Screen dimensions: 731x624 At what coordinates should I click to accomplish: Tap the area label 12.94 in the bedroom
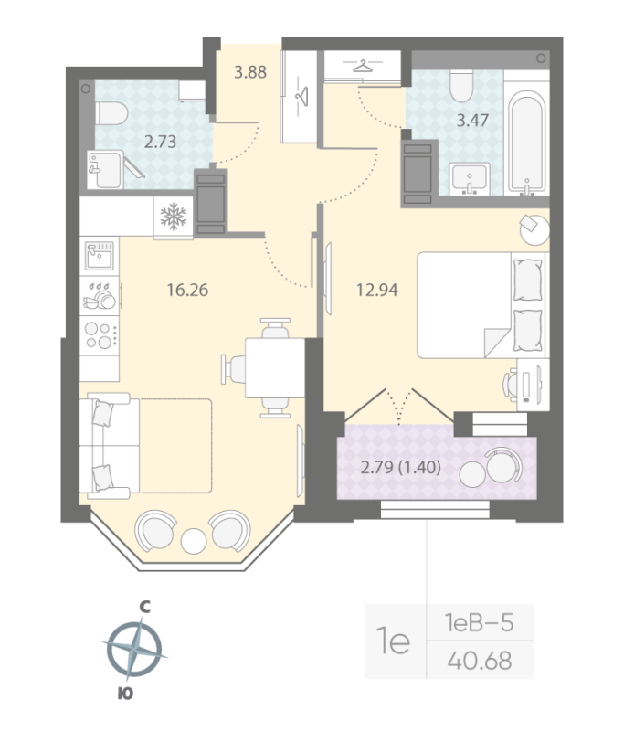tap(375, 291)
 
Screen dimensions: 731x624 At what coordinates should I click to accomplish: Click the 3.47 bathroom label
tap(471, 118)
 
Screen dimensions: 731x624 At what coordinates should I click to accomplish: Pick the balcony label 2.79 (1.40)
tap(401, 469)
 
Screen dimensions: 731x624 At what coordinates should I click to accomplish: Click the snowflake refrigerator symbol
tap(173, 217)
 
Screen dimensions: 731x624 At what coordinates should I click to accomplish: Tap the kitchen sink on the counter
tap(100, 255)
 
